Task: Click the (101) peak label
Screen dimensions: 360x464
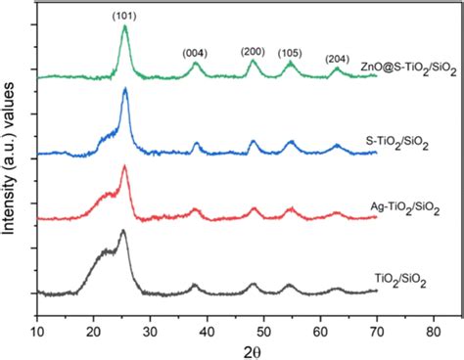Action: tap(125, 15)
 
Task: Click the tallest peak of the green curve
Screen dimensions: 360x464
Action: tap(124, 27)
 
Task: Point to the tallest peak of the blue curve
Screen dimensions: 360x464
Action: tap(125, 90)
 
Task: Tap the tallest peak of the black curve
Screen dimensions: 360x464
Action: tap(123, 232)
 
